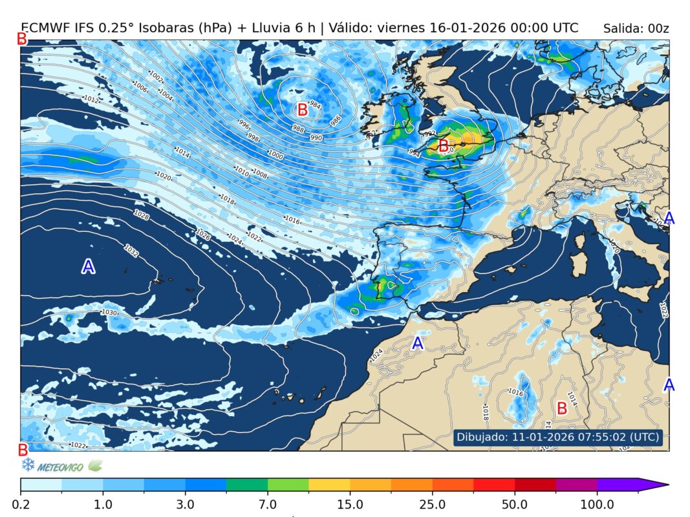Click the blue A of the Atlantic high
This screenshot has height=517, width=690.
coord(89,266)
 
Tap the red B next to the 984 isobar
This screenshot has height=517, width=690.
coord(301,109)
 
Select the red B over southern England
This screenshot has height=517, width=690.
coord(444,146)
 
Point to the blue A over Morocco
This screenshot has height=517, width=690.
coord(418,343)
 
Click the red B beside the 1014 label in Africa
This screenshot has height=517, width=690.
coord(562,408)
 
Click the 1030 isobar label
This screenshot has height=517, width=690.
coord(109,313)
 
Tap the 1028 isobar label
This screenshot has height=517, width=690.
coord(141,215)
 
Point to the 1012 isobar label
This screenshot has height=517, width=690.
coord(91,100)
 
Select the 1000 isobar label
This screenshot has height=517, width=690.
coord(275,155)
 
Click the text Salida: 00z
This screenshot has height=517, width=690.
coord(636,28)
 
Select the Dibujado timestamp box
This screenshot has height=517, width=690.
coord(559,437)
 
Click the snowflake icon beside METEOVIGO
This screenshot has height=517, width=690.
coord(28,465)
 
